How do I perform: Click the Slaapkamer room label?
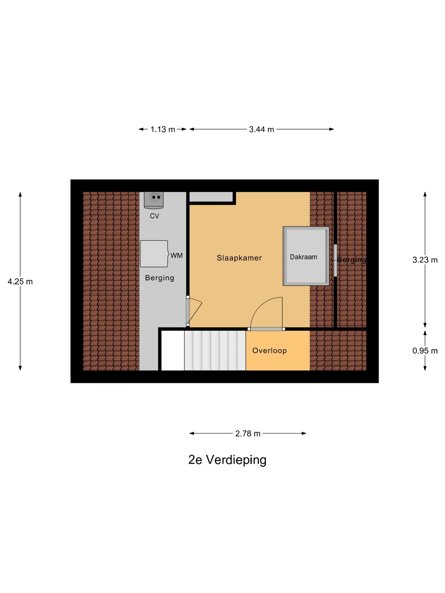(x=239, y=258)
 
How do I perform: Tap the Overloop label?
(x=269, y=351)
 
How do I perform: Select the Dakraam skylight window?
(x=306, y=256)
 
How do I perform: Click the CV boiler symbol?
(x=154, y=200)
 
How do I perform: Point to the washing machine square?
(x=154, y=254)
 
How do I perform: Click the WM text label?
(x=176, y=255)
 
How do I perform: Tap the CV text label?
(x=154, y=216)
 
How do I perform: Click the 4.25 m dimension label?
(x=20, y=281)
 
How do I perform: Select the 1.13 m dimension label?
(x=163, y=129)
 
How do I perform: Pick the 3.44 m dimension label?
(x=261, y=129)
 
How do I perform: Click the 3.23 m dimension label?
(x=425, y=260)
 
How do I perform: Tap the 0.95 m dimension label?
(x=425, y=351)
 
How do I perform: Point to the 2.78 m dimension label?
(x=248, y=433)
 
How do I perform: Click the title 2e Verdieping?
(x=227, y=460)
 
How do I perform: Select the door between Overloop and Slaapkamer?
(x=266, y=329)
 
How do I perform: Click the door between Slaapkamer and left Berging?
(x=188, y=311)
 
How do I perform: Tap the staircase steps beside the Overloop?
(x=215, y=350)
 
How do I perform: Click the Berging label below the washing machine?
(x=159, y=278)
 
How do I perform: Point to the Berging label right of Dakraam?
(x=351, y=260)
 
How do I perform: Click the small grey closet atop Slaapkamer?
(x=211, y=197)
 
